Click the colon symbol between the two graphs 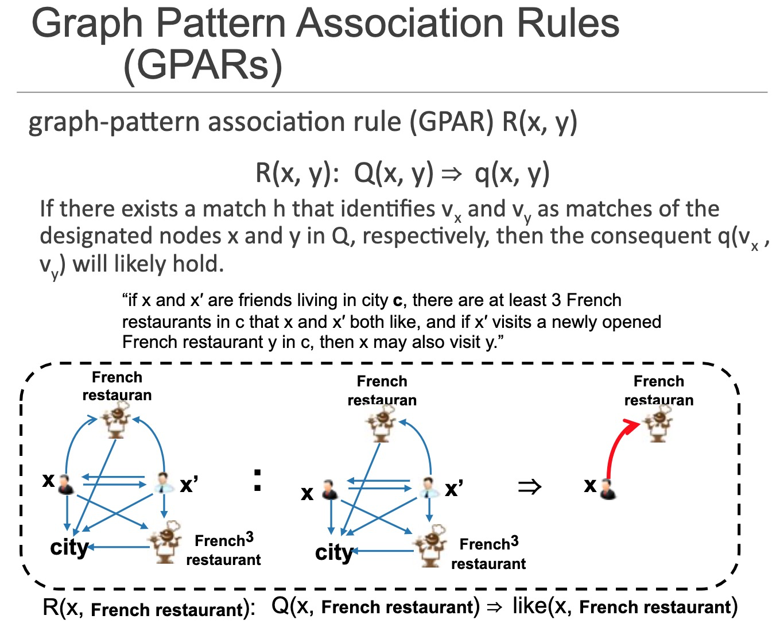257,481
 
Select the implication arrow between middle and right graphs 529,487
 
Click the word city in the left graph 69,548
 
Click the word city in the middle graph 334,552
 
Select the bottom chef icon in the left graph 165,543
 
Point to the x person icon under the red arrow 608,489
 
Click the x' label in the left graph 189,484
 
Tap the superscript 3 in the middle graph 514,541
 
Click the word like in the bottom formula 530,606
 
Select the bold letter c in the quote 398,301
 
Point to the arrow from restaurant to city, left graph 119,547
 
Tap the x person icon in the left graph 66,485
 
